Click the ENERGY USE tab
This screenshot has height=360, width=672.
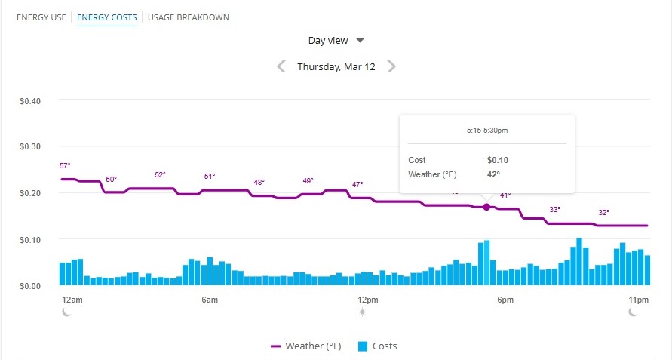coord(41,17)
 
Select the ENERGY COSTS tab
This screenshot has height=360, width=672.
coord(106,17)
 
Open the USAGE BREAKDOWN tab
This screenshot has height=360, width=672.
coord(189,17)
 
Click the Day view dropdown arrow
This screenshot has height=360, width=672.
coord(361,41)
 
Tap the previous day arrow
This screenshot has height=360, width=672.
coord(281,66)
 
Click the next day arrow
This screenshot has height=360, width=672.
coord(391,66)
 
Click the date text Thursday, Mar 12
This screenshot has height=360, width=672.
coord(336,66)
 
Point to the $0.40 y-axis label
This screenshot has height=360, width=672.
coord(29,100)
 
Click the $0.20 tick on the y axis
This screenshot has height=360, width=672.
coord(29,193)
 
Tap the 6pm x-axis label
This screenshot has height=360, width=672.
coord(505,300)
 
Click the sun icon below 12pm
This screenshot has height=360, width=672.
coord(363,312)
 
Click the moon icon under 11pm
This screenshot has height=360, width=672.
coord(633,312)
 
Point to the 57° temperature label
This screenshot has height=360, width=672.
coord(64,165)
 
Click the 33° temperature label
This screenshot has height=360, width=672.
coord(554,209)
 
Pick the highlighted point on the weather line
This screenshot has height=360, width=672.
coord(486,207)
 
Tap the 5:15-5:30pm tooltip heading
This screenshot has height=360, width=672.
coord(487,131)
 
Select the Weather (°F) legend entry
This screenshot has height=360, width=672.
coord(305,346)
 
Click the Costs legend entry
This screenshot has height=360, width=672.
coord(377,346)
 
